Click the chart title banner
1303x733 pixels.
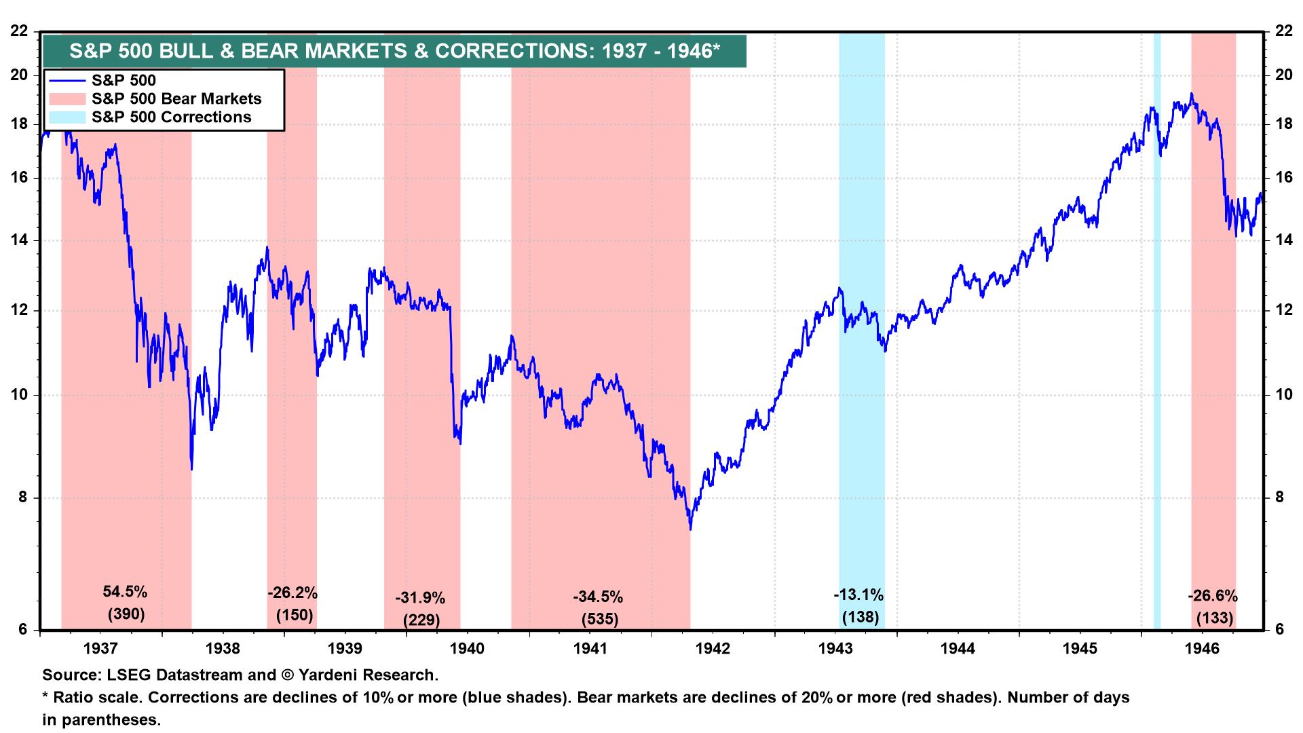394,52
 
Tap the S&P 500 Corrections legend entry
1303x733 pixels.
171,117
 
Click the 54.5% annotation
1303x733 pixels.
125,592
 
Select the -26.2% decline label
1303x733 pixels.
292,593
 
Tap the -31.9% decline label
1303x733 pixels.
420,599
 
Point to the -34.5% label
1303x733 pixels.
598,597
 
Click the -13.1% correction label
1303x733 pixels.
858,595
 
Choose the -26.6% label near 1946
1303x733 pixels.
1213,597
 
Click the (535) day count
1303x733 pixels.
600,619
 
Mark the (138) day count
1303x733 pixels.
861,618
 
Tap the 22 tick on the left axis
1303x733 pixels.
20,31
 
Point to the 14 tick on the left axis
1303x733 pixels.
20,240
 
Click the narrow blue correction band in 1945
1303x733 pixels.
1157,339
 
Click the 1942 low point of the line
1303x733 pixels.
690,529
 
